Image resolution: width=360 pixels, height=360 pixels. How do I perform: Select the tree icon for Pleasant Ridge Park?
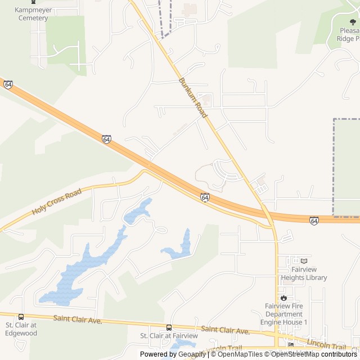tap(352, 22)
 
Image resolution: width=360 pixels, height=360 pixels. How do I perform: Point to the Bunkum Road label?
tap(193, 97)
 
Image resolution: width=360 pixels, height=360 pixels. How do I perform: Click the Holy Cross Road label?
tap(57, 201)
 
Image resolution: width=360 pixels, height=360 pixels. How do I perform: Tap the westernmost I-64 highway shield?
tap(8, 84)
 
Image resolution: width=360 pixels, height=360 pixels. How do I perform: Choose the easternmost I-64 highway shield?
tap(314, 220)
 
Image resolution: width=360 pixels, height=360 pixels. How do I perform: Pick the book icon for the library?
tap(304, 261)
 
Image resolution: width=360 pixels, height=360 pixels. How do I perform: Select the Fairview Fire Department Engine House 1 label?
tap(283, 314)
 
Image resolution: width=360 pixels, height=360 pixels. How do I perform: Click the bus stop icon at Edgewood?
tap(21, 317)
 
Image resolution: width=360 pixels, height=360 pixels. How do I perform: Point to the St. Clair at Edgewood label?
tap(21, 329)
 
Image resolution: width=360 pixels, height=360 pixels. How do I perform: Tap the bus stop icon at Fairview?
tap(169, 327)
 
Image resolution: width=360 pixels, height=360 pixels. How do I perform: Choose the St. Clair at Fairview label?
tap(169, 336)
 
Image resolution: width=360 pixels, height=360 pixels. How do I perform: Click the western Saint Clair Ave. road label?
tap(78, 319)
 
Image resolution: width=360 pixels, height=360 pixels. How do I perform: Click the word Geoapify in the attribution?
tap(192, 354)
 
